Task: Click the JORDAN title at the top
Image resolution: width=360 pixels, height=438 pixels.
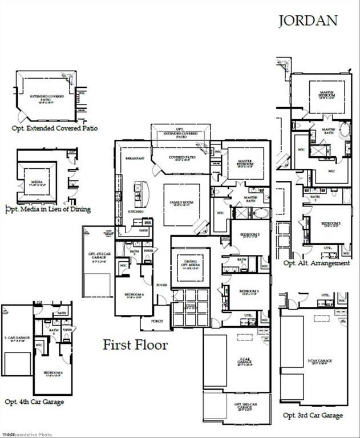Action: (x=308, y=21)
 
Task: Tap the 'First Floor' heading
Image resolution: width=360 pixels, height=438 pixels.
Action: (x=135, y=344)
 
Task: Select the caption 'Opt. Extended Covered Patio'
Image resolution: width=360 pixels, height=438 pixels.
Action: (x=55, y=128)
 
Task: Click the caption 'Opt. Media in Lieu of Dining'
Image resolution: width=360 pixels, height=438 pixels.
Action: (x=48, y=209)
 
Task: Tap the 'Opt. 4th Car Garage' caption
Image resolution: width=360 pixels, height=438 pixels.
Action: (x=34, y=401)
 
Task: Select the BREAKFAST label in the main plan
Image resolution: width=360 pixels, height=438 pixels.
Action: (x=134, y=158)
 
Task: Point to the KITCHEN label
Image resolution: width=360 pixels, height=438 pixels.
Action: (x=135, y=212)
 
